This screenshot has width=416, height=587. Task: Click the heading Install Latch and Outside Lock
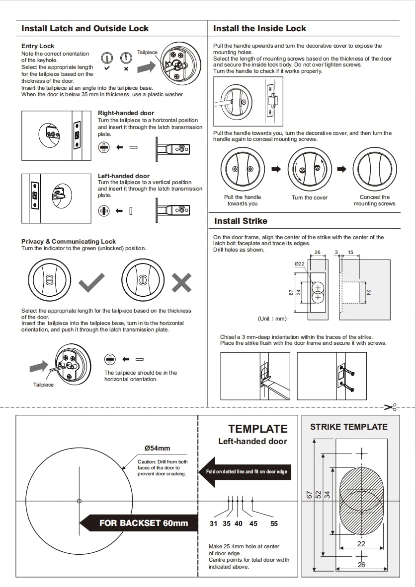(85, 29)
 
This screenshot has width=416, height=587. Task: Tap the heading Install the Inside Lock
(259, 29)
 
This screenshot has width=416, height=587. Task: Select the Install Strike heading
(241, 221)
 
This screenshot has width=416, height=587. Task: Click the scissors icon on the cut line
(391, 407)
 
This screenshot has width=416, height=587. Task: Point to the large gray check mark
(92, 282)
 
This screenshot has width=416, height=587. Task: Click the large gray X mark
(181, 282)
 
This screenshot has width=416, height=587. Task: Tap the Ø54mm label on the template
(157, 448)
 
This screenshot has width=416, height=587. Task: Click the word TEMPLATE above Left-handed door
(257, 429)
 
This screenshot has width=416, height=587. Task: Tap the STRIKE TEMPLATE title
(348, 427)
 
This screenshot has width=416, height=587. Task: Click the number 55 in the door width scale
(274, 523)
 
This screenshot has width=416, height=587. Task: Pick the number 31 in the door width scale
(214, 523)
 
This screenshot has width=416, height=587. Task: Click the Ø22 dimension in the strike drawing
(299, 264)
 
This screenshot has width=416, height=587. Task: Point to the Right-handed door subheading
(126, 113)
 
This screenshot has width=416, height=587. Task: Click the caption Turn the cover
(309, 197)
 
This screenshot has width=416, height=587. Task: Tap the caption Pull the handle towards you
(243, 200)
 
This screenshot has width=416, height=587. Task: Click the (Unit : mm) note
(272, 319)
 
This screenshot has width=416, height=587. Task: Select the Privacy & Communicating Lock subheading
(69, 242)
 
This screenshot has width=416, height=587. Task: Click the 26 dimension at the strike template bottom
(361, 565)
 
